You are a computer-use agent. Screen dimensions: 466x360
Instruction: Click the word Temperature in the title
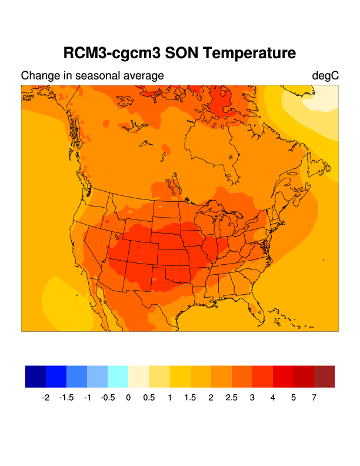249,53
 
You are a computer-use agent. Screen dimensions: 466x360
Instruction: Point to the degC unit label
325,76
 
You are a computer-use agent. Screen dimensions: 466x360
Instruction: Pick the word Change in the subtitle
40,76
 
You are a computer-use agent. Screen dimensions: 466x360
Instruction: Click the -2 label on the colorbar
45,398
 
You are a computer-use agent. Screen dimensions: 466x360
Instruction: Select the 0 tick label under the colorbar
128,398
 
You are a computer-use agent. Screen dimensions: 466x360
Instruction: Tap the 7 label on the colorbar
314,398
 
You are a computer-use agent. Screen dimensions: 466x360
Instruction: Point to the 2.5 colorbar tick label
231,398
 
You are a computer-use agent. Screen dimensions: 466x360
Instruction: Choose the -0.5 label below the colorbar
108,398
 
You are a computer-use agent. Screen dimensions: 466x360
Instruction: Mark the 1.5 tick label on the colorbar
190,398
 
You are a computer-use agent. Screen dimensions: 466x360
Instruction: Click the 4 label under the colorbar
272,398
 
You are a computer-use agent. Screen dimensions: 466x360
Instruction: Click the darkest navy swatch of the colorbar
35,377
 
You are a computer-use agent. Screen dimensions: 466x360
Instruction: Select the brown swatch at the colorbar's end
324,377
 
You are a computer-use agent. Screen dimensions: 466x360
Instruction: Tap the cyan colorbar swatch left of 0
118,377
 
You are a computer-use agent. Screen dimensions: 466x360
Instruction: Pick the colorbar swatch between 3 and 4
262,377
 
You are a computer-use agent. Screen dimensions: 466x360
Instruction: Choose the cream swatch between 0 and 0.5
138,377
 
